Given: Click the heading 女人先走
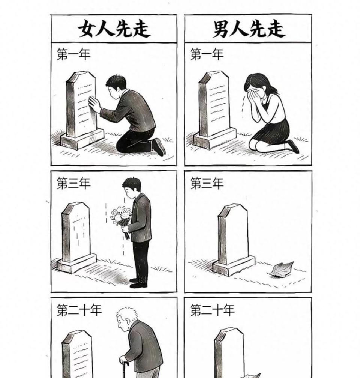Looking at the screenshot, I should (x=114, y=29).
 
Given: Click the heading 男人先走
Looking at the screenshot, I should (x=249, y=29).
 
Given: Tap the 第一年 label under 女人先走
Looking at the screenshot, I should (x=73, y=54).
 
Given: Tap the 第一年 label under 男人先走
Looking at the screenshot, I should (x=207, y=54).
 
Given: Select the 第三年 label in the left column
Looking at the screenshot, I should (x=73, y=184).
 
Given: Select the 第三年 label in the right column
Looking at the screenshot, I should (x=207, y=184).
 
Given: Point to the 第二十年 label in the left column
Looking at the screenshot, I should (x=79, y=310).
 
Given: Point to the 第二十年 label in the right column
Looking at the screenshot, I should (x=212, y=310).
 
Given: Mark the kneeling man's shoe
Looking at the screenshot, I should (x=159, y=146).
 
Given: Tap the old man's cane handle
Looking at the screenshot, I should (x=124, y=363).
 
